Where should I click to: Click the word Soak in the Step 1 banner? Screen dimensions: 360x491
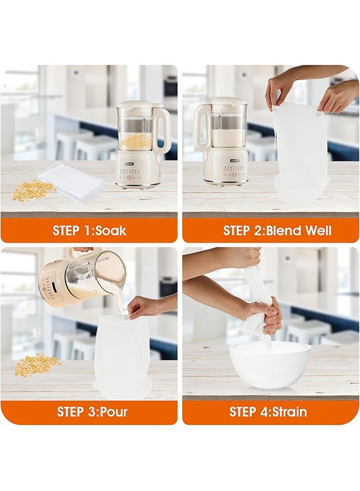click(x=111, y=230)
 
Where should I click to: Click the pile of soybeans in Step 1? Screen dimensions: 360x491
click(x=34, y=190)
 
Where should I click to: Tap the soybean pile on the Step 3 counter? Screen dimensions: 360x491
click(x=38, y=365)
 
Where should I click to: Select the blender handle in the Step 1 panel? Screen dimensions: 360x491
click(x=163, y=132)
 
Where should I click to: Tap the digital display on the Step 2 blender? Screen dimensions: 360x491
click(x=235, y=161)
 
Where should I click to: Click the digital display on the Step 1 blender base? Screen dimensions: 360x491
click(x=129, y=164)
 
